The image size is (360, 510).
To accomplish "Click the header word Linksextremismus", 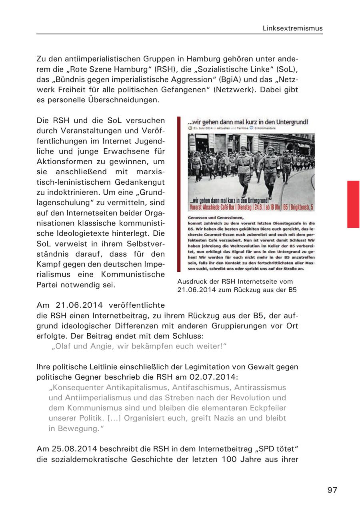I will click(292, 28).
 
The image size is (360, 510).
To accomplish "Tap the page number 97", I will click(332, 490).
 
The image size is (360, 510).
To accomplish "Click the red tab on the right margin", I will click(353, 204).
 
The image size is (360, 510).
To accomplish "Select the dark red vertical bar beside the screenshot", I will click(179, 194).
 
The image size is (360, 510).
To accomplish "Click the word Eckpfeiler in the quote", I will click(266, 408).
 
